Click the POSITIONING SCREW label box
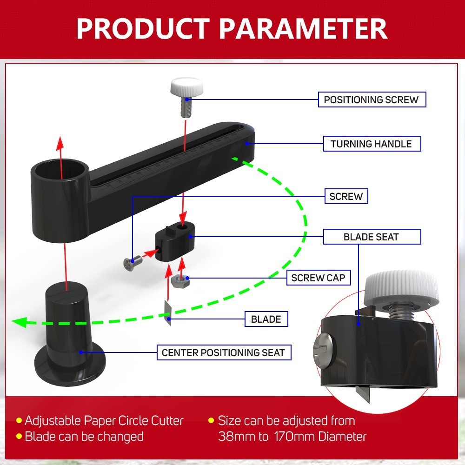pyautogui.click(x=372, y=100)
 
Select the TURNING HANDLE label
pyautogui.click(x=372, y=144)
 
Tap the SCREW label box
pyautogui.click(x=346, y=196)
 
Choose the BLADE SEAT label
pyautogui.click(x=371, y=237)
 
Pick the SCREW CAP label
pyautogui.click(x=318, y=278)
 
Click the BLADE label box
pyautogui.click(x=266, y=319)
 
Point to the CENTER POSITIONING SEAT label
pyautogui.click(x=223, y=352)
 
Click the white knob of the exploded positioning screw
pyautogui.click(x=186, y=87)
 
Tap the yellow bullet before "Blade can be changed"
pyautogui.click(x=19, y=437)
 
